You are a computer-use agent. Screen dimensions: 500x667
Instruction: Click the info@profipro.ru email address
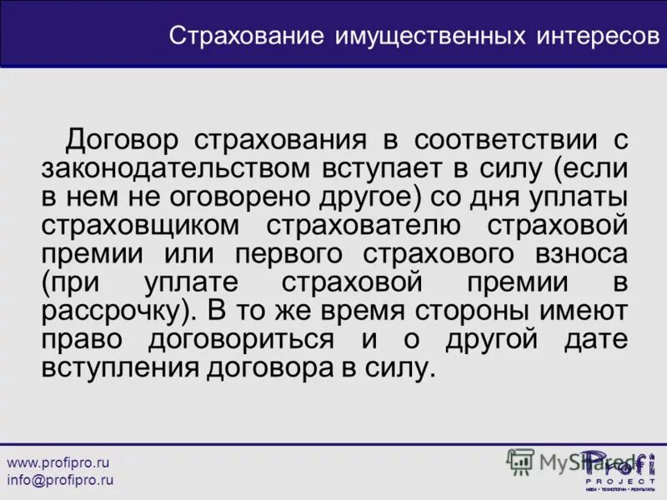[x=60, y=480]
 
